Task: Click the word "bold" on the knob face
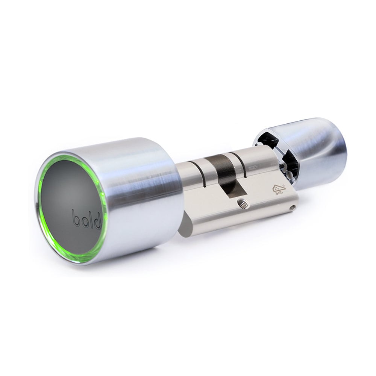(87, 219)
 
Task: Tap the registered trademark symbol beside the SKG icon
(284, 186)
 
